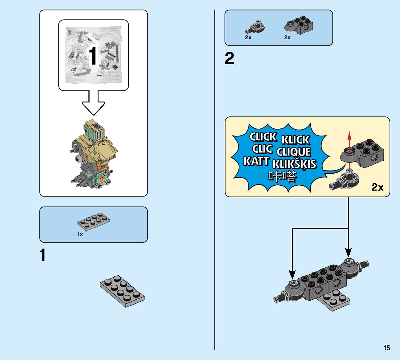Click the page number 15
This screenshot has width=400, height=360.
[x=387, y=348]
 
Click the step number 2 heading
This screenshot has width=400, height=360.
[x=229, y=59]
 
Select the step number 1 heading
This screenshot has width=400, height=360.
[x=43, y=256]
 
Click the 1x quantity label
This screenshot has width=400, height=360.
[x=80, y=234]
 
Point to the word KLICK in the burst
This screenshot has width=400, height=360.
[x=295, y=140]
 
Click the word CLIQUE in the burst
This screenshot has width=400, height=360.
[x=294, y=152]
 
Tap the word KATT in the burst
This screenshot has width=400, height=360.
[x=256, y=161]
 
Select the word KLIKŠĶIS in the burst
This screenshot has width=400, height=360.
[x=295, y=164]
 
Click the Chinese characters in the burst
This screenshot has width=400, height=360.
[x=283, y=177]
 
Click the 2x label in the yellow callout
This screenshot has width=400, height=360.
[x=377, y=187]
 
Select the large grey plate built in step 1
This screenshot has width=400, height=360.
[x=122, y=291]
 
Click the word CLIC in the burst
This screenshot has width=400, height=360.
[x=262, y=149]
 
